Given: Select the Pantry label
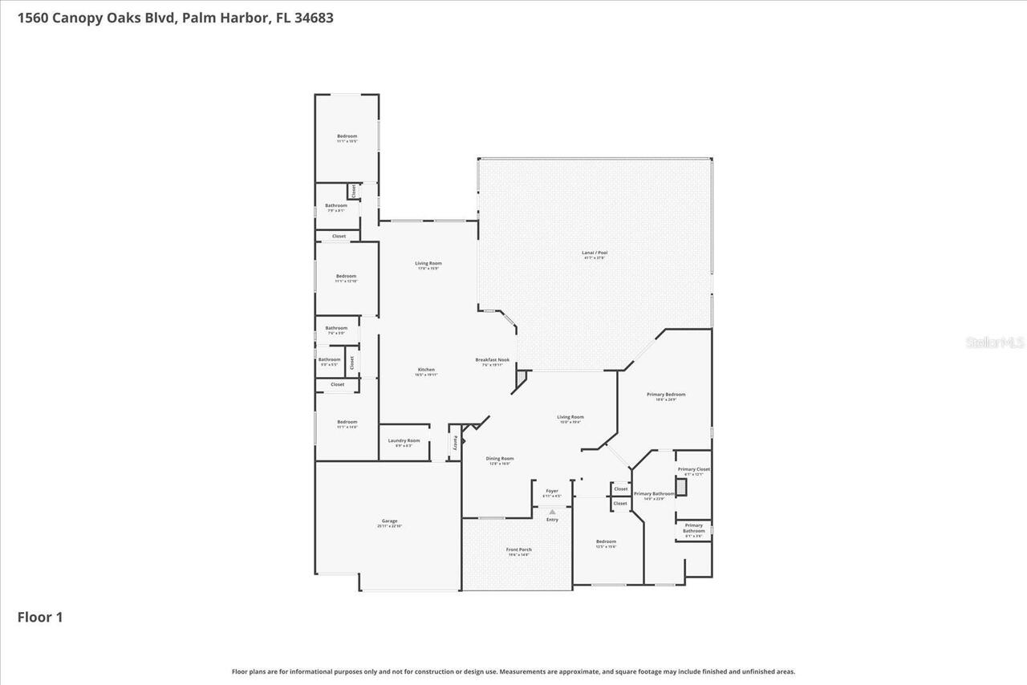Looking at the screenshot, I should pyautogui.click(x=455, y=442).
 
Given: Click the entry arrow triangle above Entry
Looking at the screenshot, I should pyautogui.click(x=552, y=512).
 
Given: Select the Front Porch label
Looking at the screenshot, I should pyautogui.click(x=518, y=551).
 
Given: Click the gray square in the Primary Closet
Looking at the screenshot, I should pyautogui.click(x=681, y=487).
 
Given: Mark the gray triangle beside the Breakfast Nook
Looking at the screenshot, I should pyautogui.click(x=521, y=376).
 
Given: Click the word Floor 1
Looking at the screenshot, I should pyautogui.click(x=40, y=617).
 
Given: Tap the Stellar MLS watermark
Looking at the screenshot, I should pyautogui.click(x=995, y=342).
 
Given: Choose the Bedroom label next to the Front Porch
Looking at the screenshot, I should pyautogui.click(x=606, y=543).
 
